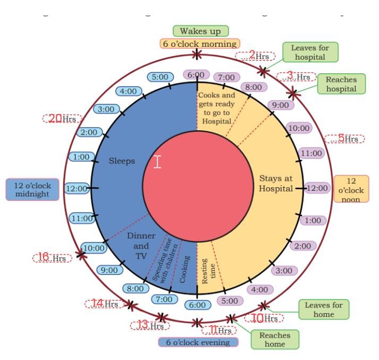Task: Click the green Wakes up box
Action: point(200,31)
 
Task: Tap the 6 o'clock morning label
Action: point(200,44)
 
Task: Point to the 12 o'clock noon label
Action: point(350,188)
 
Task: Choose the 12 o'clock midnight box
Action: point(32,188)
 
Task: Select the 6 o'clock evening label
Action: point(198,342)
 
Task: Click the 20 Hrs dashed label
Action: point(60,119)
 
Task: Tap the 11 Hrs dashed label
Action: point(219,330)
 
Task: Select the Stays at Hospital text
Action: point(276,183)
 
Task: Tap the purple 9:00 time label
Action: point(281,105)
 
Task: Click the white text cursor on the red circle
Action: point(157,162)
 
